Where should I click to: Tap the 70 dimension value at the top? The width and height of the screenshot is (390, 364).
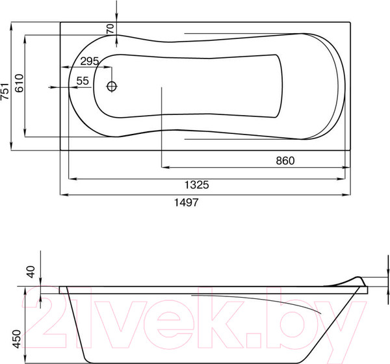[110, 29]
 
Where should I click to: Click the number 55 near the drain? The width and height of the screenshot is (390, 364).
[83, 81]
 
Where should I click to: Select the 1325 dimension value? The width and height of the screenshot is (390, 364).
[194, 185]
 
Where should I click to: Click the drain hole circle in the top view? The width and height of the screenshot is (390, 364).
[112, 86]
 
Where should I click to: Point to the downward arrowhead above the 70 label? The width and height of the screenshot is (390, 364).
[116, 19]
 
